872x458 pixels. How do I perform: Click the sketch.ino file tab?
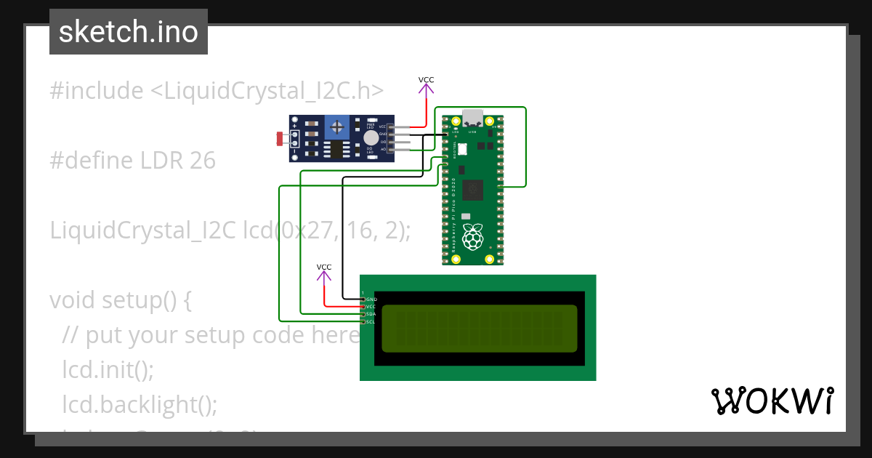[129, 32]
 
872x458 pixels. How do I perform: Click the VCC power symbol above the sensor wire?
[427, 85]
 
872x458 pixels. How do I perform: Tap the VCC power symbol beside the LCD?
[324, 272]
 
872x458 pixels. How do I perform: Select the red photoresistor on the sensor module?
[280, 137]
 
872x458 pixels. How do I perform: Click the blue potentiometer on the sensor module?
[336, 127]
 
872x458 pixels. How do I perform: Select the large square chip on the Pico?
[473, 189]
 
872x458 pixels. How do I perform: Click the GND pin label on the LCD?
[371, 299]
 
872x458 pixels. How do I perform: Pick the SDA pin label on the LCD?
[371, 314]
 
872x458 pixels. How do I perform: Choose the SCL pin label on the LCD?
[371, 321]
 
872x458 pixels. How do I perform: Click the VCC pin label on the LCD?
[371, 307]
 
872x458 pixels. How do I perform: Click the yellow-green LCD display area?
[479, 329]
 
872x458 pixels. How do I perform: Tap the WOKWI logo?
[772, 401]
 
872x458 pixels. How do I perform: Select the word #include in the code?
[96, 91]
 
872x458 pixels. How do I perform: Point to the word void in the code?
[72, 300]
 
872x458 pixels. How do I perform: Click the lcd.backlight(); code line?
[140, 404]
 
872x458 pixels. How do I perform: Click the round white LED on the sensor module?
[371, 137]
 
